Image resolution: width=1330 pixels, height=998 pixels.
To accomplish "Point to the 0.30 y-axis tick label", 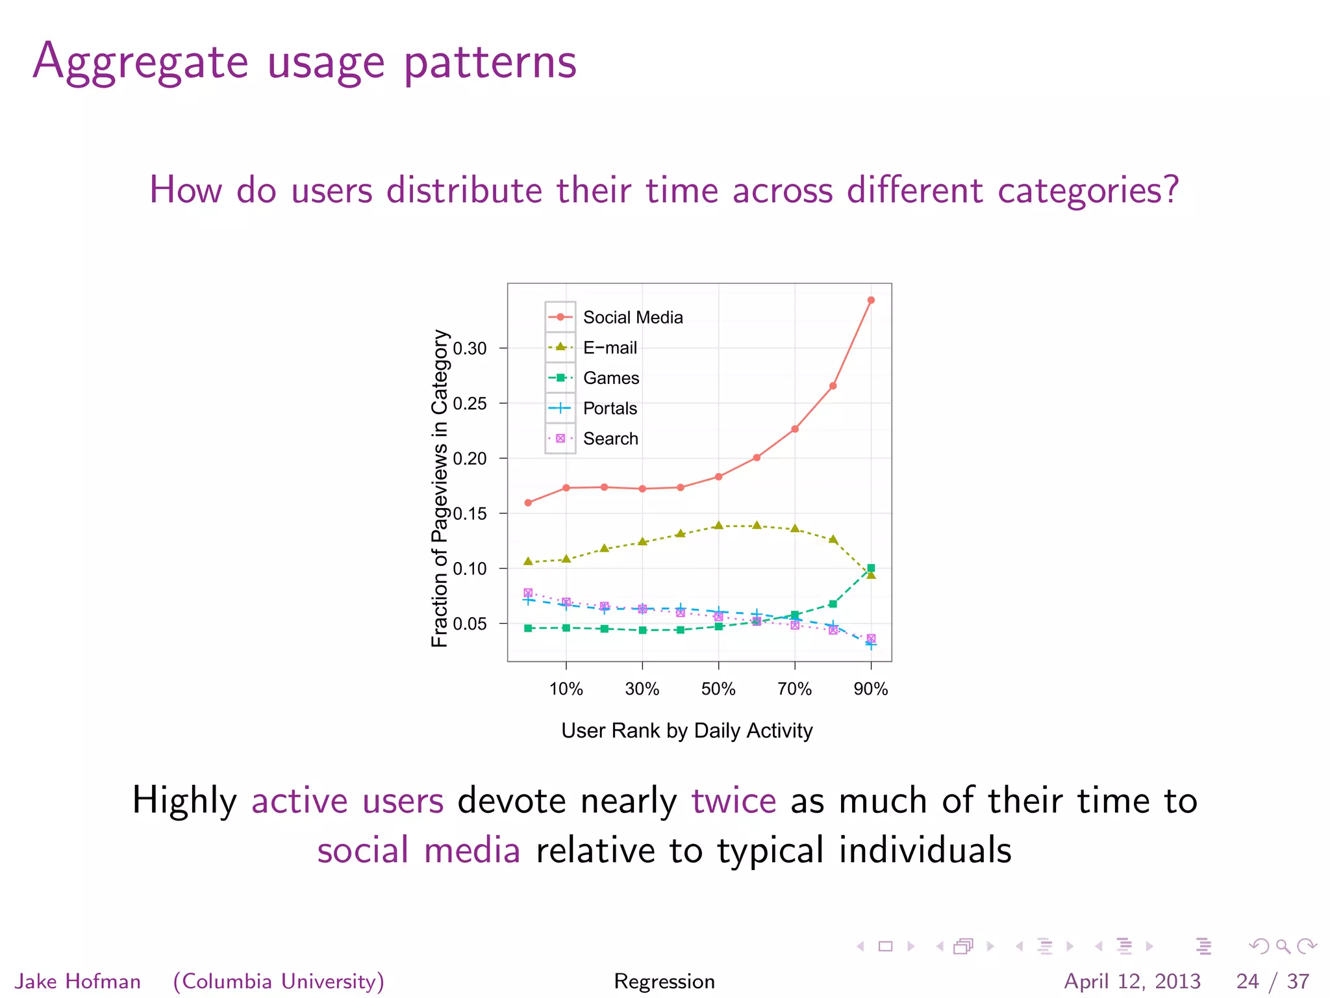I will [470, 348].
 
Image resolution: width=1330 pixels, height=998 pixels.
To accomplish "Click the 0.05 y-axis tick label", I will [470, 624].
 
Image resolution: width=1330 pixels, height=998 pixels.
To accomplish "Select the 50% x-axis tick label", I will [718, 689].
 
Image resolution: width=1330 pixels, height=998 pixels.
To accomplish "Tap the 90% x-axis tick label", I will [870, 689].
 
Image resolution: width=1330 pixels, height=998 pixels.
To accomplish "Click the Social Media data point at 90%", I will [871, 300].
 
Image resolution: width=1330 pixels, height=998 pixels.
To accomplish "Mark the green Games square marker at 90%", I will [871, 568].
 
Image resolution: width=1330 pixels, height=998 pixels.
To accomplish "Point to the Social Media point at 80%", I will [833, 386].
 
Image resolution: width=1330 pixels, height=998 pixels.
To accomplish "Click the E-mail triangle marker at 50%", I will [718, 526].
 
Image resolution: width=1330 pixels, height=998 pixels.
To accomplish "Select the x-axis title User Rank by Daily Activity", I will [686, 730].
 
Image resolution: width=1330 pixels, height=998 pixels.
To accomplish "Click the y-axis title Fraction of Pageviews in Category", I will [440, 489].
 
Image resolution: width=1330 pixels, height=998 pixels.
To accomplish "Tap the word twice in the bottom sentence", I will [733, 800].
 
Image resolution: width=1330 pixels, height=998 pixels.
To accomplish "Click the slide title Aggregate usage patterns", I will [305, 61].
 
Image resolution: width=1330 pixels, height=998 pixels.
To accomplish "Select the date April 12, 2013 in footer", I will [1132, 980].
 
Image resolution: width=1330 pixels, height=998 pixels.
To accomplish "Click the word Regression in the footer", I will [664, 980].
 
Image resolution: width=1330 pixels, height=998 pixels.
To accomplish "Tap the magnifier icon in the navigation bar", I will [1283, 946].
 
